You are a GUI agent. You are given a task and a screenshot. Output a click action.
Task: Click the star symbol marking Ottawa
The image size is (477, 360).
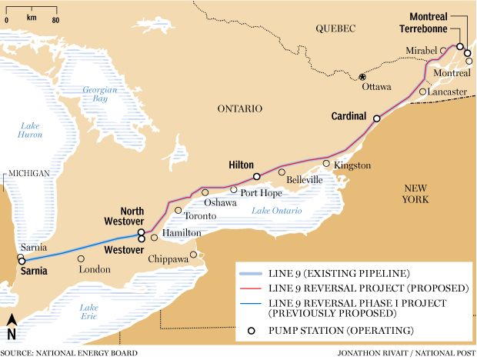[x=362, y=76]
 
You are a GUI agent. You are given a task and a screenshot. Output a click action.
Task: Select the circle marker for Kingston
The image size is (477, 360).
[x=326, y=163]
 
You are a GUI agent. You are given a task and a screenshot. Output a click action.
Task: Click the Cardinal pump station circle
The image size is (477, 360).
[x=377, y=118]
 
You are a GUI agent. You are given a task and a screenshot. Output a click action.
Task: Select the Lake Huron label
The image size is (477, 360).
[x=30, y=130]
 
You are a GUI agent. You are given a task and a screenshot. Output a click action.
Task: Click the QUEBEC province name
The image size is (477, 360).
[x=335, y=28]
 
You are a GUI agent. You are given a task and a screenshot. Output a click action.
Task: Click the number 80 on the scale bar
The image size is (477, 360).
[x=55, y=19]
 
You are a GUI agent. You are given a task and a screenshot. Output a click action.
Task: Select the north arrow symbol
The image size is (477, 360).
[x=11, y=326]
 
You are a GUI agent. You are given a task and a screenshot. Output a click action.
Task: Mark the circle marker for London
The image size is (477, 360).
[x=81, y=258]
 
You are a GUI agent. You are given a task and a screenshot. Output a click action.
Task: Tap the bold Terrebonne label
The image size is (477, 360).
[x=424, y=29]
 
